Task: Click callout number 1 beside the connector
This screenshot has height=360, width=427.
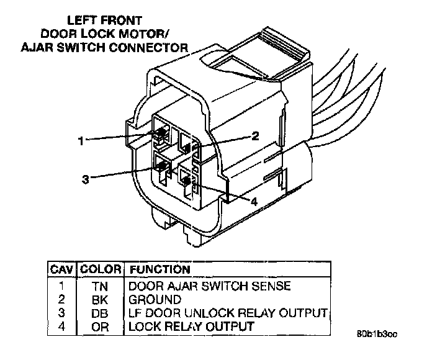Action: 81,140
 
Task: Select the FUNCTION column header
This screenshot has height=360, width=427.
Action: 158,270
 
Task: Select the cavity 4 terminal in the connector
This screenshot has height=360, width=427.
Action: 186,180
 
